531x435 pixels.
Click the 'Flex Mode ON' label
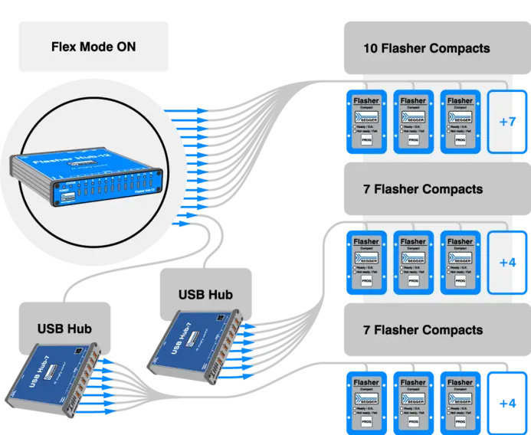click(93, 47)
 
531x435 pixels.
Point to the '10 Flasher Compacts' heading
click(426, 48)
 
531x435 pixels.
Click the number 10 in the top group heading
click(370, 48)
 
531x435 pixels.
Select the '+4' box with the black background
click(506, 404)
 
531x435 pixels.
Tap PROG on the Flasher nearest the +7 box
click(460, 141)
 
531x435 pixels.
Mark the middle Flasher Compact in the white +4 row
click(413, 263)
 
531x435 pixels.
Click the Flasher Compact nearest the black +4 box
click(460, 404)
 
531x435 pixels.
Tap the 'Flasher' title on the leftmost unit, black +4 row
click(366, 382)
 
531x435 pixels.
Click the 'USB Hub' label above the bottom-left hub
click(64, 329)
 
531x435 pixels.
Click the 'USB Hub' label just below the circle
click(205, 294)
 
